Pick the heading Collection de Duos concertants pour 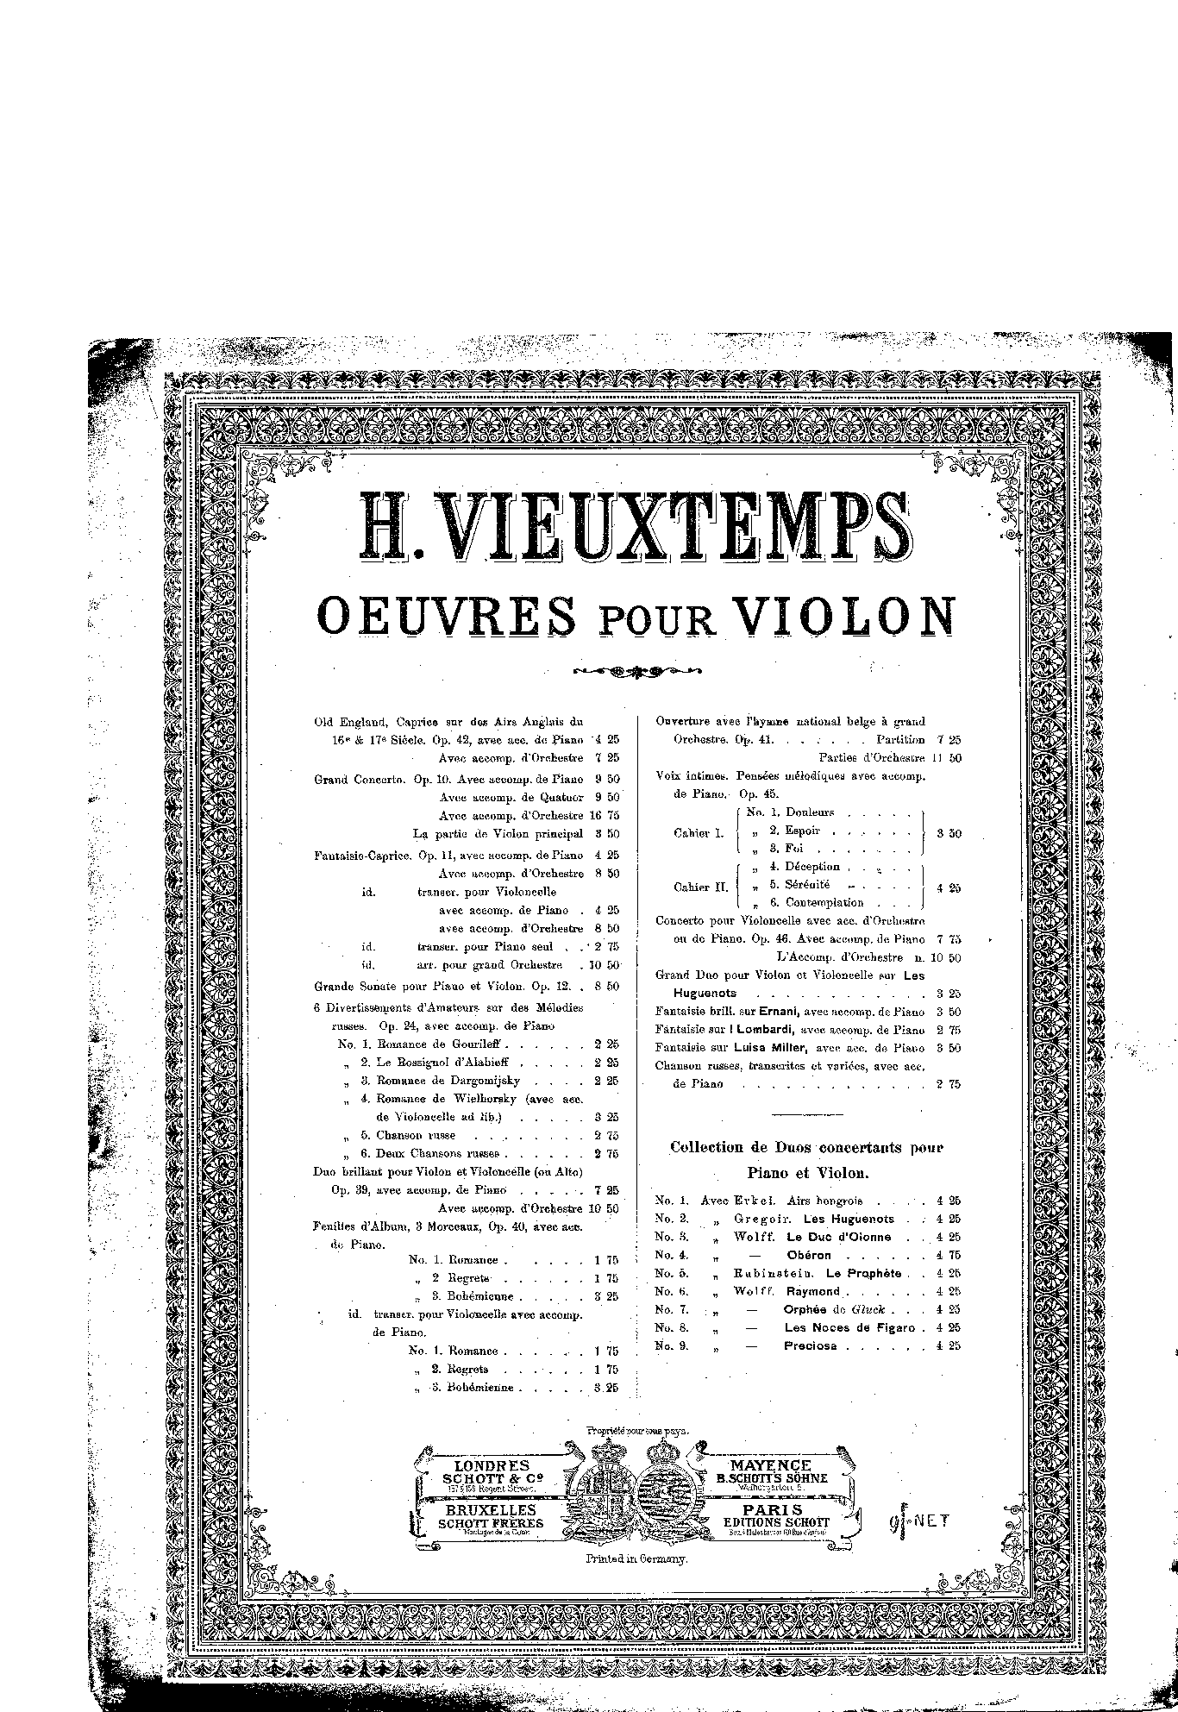coord(806,1148)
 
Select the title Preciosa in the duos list coord(811,1345)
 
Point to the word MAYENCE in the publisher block coord(770,1465)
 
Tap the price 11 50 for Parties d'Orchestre coord(942,758)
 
